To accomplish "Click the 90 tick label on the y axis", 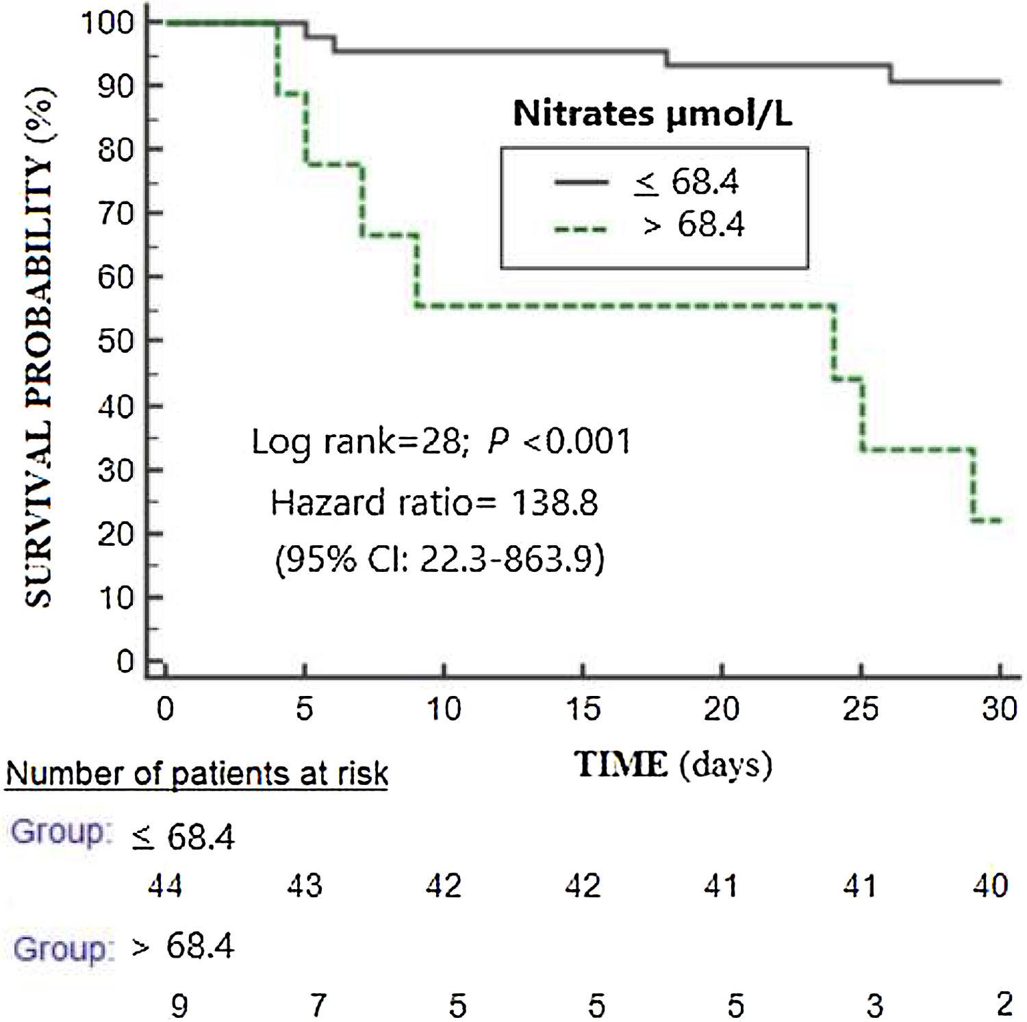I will (x=114, y=86).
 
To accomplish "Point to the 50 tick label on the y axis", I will (x=114, y=342).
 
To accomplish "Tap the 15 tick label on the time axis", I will (x=583, y=708).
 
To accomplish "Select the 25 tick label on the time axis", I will (x=861, y=708).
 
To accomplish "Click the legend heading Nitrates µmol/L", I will (x=652, y=114).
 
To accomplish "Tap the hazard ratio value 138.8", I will (x=555, y=503).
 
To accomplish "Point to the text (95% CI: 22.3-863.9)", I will (x=440, y=559).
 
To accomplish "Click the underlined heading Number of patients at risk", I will (x=197, y=774).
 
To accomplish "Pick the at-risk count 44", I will (x=166, y=886).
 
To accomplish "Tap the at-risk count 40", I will (x=990, y=886).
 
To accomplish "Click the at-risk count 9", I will (x=179, y=1006).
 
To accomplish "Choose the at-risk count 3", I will (x=874, y=1006).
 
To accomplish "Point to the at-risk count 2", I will (x=1004, y=1004).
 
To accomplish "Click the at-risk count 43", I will (x=305, y=886).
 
